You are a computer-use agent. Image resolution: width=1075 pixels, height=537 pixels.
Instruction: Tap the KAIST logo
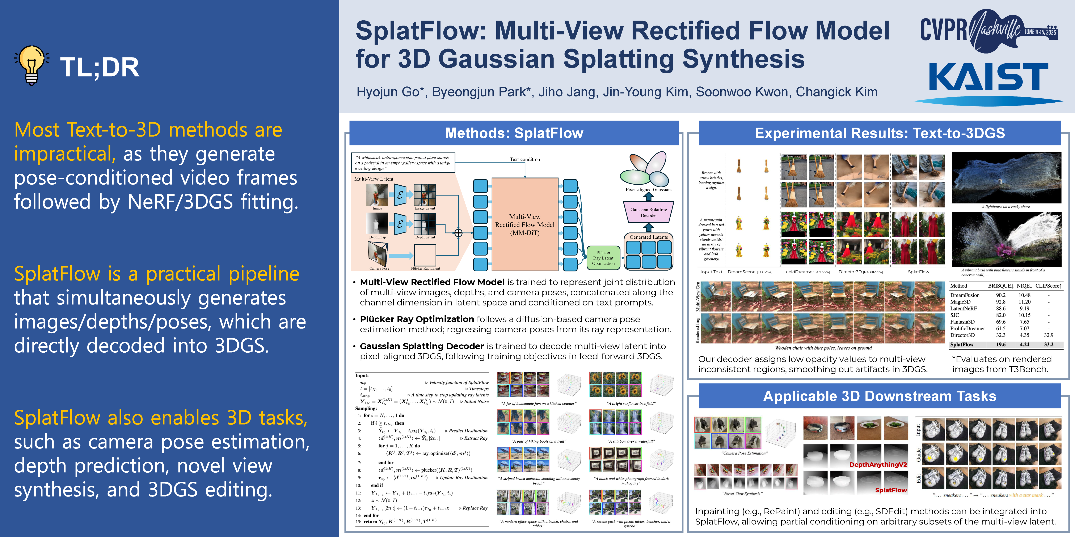[988, 77]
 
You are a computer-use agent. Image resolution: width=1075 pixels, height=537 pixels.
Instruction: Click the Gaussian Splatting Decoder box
[649, 212]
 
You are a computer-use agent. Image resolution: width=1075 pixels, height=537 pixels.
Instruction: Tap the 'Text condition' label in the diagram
[524, 159]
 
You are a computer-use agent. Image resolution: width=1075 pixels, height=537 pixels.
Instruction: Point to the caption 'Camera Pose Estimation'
[744, 453]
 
